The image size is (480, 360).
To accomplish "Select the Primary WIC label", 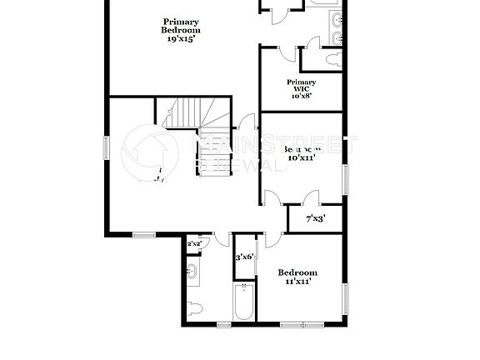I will point(301,86).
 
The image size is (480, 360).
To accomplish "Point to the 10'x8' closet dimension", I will point(301,96).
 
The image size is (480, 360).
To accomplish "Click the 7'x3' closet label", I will point(315,219).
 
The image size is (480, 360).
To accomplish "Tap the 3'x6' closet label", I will point(244,257).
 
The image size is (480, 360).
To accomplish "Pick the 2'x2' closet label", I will point(193,243).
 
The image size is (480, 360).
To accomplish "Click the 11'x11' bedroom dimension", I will point(297,282).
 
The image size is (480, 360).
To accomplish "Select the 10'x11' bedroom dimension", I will point(301,157).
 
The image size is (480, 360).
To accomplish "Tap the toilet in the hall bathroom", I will point(193,307).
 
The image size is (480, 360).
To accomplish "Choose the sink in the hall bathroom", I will point(191,270).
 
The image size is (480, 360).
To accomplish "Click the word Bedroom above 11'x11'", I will point(297,272).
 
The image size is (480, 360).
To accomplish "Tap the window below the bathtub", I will point(223,323).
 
